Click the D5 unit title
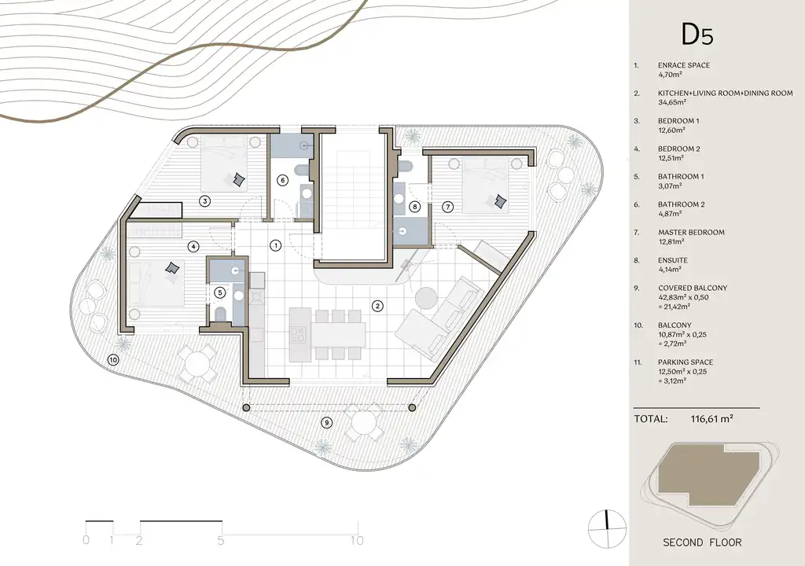click(x=697, y=35)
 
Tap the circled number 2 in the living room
click(x=377, y=307)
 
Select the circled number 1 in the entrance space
click(x=276, y=245)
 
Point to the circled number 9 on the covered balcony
click(x=326, y=423)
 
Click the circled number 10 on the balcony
click(x=113, y=360)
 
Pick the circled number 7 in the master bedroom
click(x=447, y=207)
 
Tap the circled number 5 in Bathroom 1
click(x=220, y=292)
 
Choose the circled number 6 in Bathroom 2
click(x=282, y=180)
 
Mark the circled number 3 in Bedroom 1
click(x=205, y=201)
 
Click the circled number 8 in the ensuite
click(x=415, y=207)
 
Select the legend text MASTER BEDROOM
click(x=691, y=232)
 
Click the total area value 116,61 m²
click(x=711, y=419)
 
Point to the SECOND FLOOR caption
click(x=702, y=542)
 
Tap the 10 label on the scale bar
click(x=357, y=540)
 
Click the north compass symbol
click(x=607, y=529)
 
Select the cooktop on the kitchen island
click(x=298, y=335)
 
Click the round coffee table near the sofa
click(x=425, y=299)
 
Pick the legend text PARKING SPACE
click(x=686, y=362)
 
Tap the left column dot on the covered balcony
click(x=246, y=408)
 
